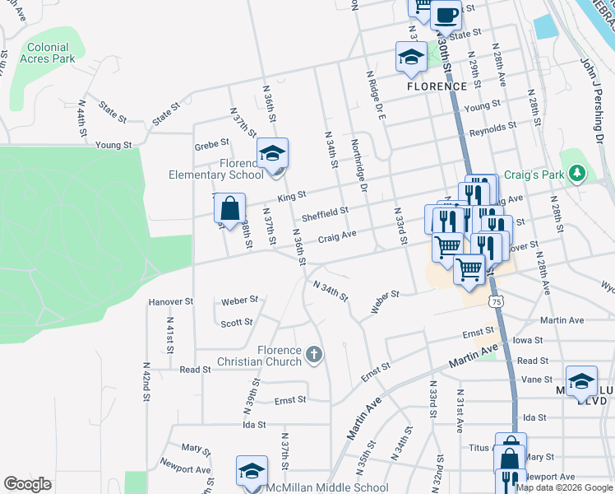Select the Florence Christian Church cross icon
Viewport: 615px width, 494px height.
pyautogui.click(x=312, y=355)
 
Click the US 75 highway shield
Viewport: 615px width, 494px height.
pyautogui.click(x=495, y=302)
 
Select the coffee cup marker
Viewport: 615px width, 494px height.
pyautogui.click(x=446, y=14)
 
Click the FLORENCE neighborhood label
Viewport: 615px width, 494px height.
pyautogui.click(x=437, y=86)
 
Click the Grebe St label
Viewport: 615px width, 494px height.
pyautogui.click(x=211, y=146)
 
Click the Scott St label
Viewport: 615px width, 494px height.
pyautogui.click(x=237, y=323)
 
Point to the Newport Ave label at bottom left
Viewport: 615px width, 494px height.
pyautogui.click(x=185, y=469)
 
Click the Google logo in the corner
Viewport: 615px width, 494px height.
pyautogui.click(x=27, y=484)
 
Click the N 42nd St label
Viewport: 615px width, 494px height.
pyautogui.click(x=146, y=380)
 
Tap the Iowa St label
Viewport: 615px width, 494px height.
pyautogui.click(x=527, y=339)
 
